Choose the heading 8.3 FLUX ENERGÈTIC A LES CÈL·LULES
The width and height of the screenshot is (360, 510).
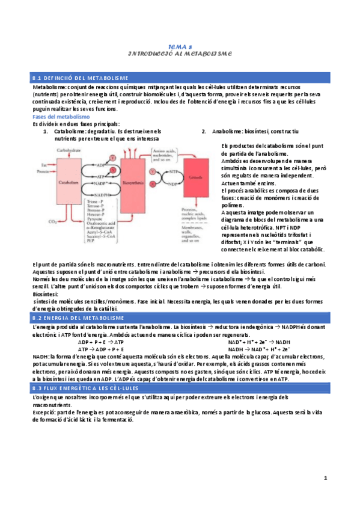[91, 389]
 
